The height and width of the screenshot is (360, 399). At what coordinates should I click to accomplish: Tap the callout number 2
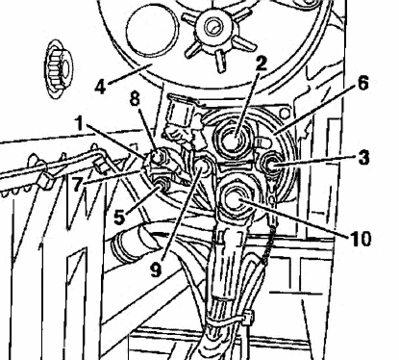[262, 64]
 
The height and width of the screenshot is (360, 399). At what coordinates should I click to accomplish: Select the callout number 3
[363, 157]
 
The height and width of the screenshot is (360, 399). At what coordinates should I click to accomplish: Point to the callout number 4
[100, 86]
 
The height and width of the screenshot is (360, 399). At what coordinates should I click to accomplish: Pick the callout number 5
[119, 218]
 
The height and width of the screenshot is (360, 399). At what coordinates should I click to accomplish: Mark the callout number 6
[362, 84]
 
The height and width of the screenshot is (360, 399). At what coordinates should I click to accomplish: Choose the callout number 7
[77, 185]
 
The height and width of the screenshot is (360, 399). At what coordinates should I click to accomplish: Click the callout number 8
[135, 99]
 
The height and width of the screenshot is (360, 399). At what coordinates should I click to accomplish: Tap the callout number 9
[156, 270]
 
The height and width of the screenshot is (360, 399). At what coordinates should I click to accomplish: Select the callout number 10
[360, 239]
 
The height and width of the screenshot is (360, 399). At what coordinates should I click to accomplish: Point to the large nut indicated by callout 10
[237, 200]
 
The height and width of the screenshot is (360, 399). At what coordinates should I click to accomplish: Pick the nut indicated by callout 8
[157, 157]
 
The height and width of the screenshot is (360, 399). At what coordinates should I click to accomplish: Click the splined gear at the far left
[59, 69]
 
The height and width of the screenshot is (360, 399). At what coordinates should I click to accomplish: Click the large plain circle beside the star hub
[152, 31]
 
